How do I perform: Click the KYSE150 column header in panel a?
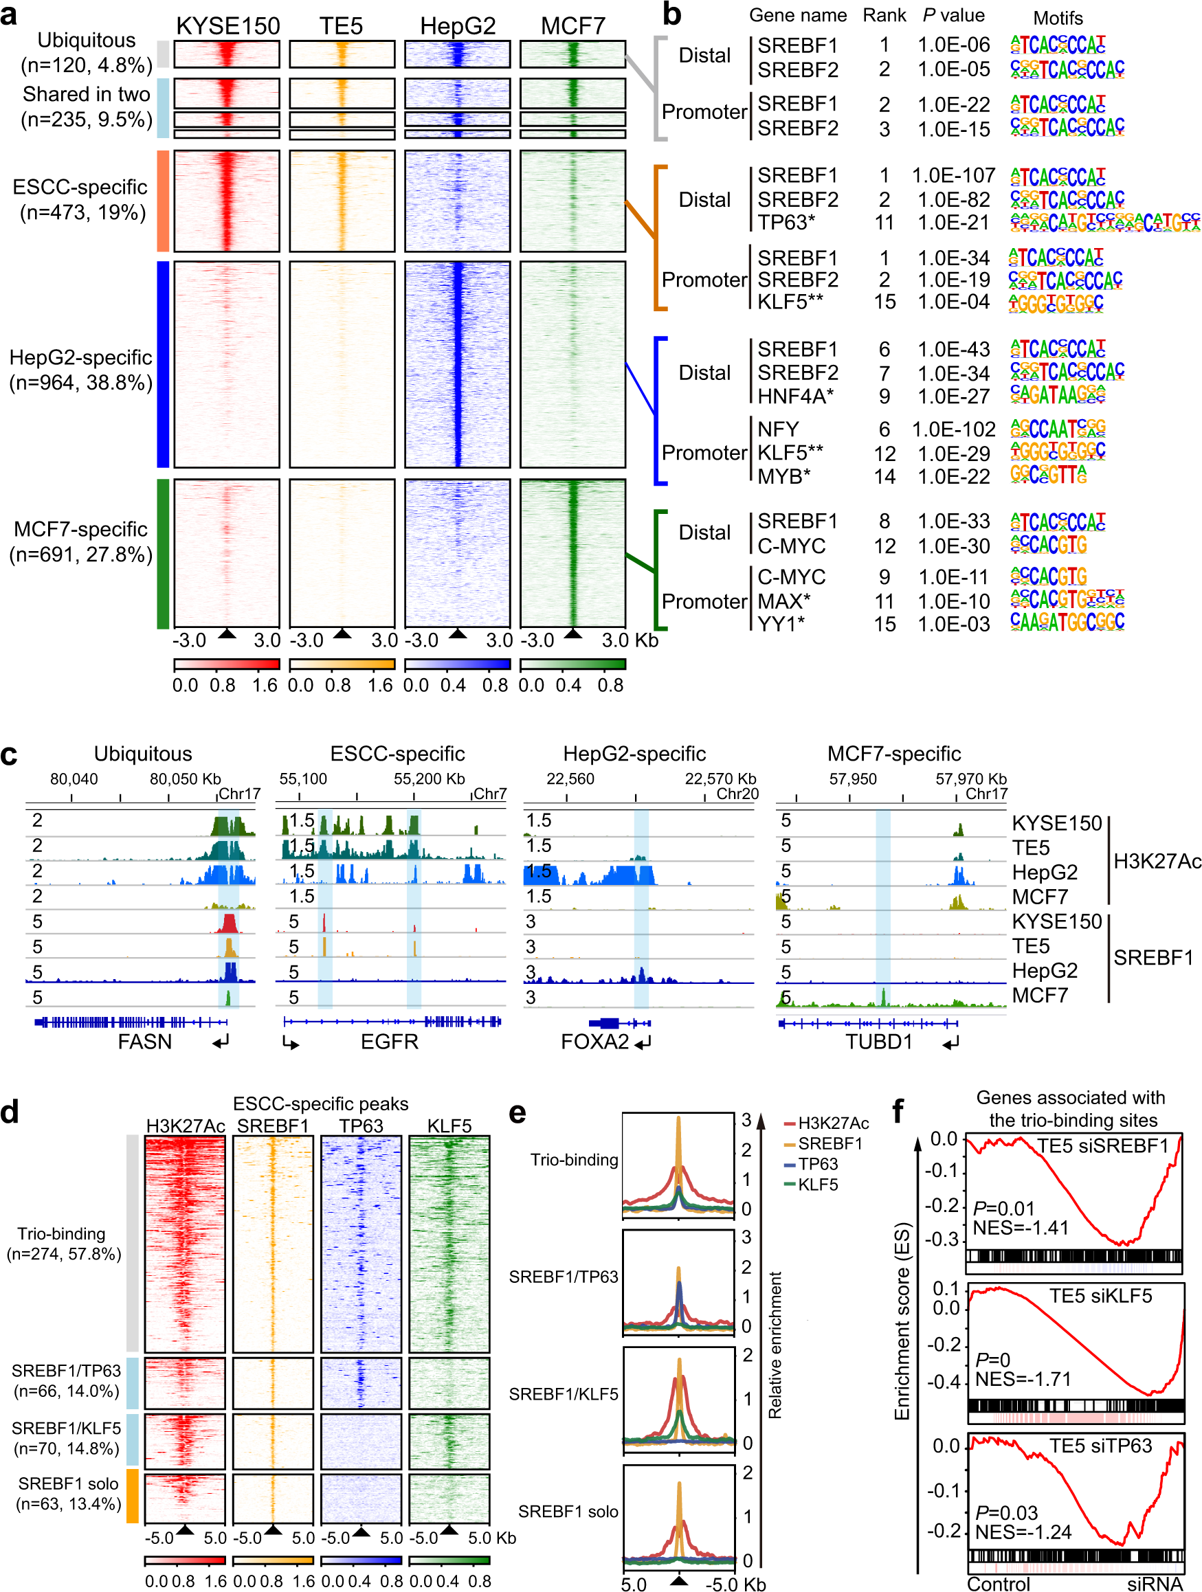227,26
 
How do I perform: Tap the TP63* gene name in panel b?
786,223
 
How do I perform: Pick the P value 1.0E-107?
953,176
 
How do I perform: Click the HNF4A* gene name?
795,396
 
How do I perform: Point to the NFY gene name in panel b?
778,429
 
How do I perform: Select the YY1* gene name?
781,624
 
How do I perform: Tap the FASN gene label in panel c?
145,1042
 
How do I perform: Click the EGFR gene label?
390,1042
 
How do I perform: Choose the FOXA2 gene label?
594,1042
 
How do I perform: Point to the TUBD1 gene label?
879,1042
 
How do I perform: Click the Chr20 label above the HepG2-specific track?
737,793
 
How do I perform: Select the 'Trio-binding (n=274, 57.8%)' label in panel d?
63,1244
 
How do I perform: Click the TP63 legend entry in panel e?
818,1164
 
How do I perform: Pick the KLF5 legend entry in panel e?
818,1184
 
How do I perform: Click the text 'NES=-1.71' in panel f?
1023,1380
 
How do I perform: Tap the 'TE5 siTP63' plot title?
1100,1445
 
